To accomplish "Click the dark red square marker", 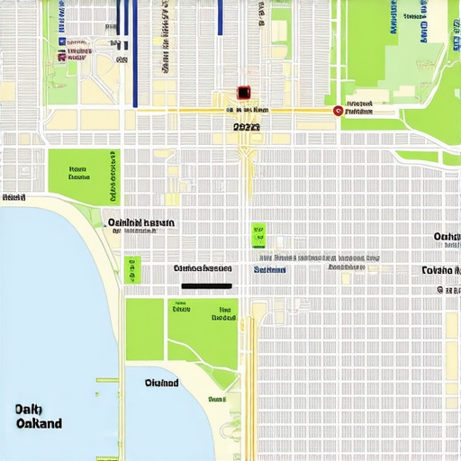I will pos(242,93).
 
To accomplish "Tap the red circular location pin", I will pos(338,111).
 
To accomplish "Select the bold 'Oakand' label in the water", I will pos(39,423).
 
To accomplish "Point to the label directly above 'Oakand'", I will pos(28,410).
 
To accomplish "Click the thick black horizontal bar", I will pos(206,286).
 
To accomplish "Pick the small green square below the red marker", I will pos(258,235).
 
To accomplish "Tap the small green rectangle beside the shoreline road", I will pos(133,268).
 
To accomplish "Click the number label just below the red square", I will pos(246,128).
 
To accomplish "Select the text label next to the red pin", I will pos(359,111).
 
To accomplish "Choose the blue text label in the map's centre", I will pos(269,269).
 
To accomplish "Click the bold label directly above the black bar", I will pos(203,268).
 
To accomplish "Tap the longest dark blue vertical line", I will pos(134,54).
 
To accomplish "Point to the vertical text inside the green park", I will pos(113,176).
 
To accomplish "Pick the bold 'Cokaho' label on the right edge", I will pos(440,270).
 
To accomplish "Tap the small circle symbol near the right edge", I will pos(439,290).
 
